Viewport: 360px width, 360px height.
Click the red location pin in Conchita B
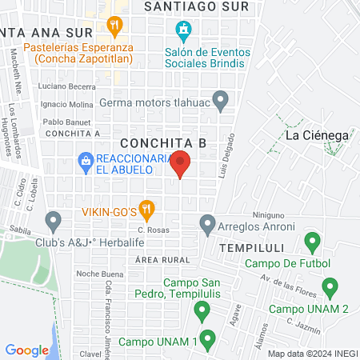pos(181,164)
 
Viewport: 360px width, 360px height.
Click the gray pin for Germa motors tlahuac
pos(222,100)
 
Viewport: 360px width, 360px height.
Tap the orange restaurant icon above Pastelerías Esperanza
pos(117,26)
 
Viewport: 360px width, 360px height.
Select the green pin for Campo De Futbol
pos(312,241)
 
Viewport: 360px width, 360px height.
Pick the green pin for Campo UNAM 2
pos(329,288)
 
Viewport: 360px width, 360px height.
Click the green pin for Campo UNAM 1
pos(207,339)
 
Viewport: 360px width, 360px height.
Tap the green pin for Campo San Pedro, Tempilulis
pos(202,310)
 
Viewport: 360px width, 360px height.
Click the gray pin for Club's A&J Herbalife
pos(54,219)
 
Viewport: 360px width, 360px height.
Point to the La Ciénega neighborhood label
pos(318,135)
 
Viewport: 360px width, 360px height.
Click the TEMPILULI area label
pos(252,248)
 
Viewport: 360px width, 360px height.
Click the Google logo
pos(27,350)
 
